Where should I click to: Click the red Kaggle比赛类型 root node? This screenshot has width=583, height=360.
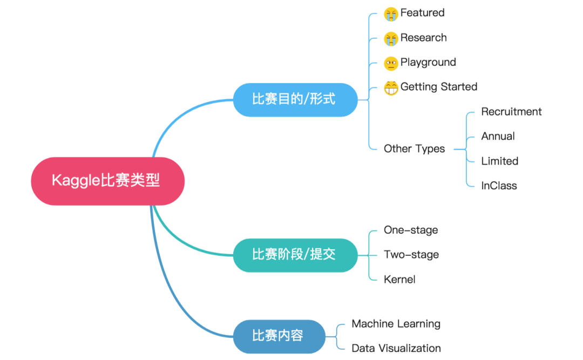click(x=107, y=181)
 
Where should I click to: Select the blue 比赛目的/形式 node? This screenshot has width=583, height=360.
click(x=295, y=99)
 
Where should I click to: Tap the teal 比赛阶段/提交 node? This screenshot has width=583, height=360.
click(x=295, y=255)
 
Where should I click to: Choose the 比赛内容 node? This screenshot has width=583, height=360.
click(x=279, y=336)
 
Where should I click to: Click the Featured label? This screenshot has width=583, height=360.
click(x=422, y=13)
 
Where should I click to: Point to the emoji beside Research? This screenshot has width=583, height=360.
click(x=391, y=38)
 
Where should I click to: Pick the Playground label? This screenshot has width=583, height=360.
click(x=428, y=63)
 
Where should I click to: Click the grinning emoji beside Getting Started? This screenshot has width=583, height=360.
click(x=391, y=87)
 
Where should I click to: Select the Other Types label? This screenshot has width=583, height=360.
click(x=414, y=149)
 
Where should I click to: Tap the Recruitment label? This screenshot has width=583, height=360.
click(x=511, y=112)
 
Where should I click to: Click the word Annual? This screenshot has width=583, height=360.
click(x=498, y=137)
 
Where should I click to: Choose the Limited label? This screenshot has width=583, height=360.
click(x=499, y=161)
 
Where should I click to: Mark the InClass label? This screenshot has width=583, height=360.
click(x=499, y=186)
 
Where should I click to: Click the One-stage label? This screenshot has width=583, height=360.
click(x=411, y=230)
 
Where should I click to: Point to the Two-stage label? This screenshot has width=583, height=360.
click(x=411, y=255)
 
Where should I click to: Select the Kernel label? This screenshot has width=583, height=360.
click(x=399, y=280)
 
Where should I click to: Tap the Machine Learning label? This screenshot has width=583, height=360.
click(x=396, y=324)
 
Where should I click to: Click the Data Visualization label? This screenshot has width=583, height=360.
click(x=396, y=349)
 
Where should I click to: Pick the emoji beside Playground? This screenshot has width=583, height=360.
click(x=391, y=63)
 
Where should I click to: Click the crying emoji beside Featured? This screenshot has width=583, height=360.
click(x=391, y=14)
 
